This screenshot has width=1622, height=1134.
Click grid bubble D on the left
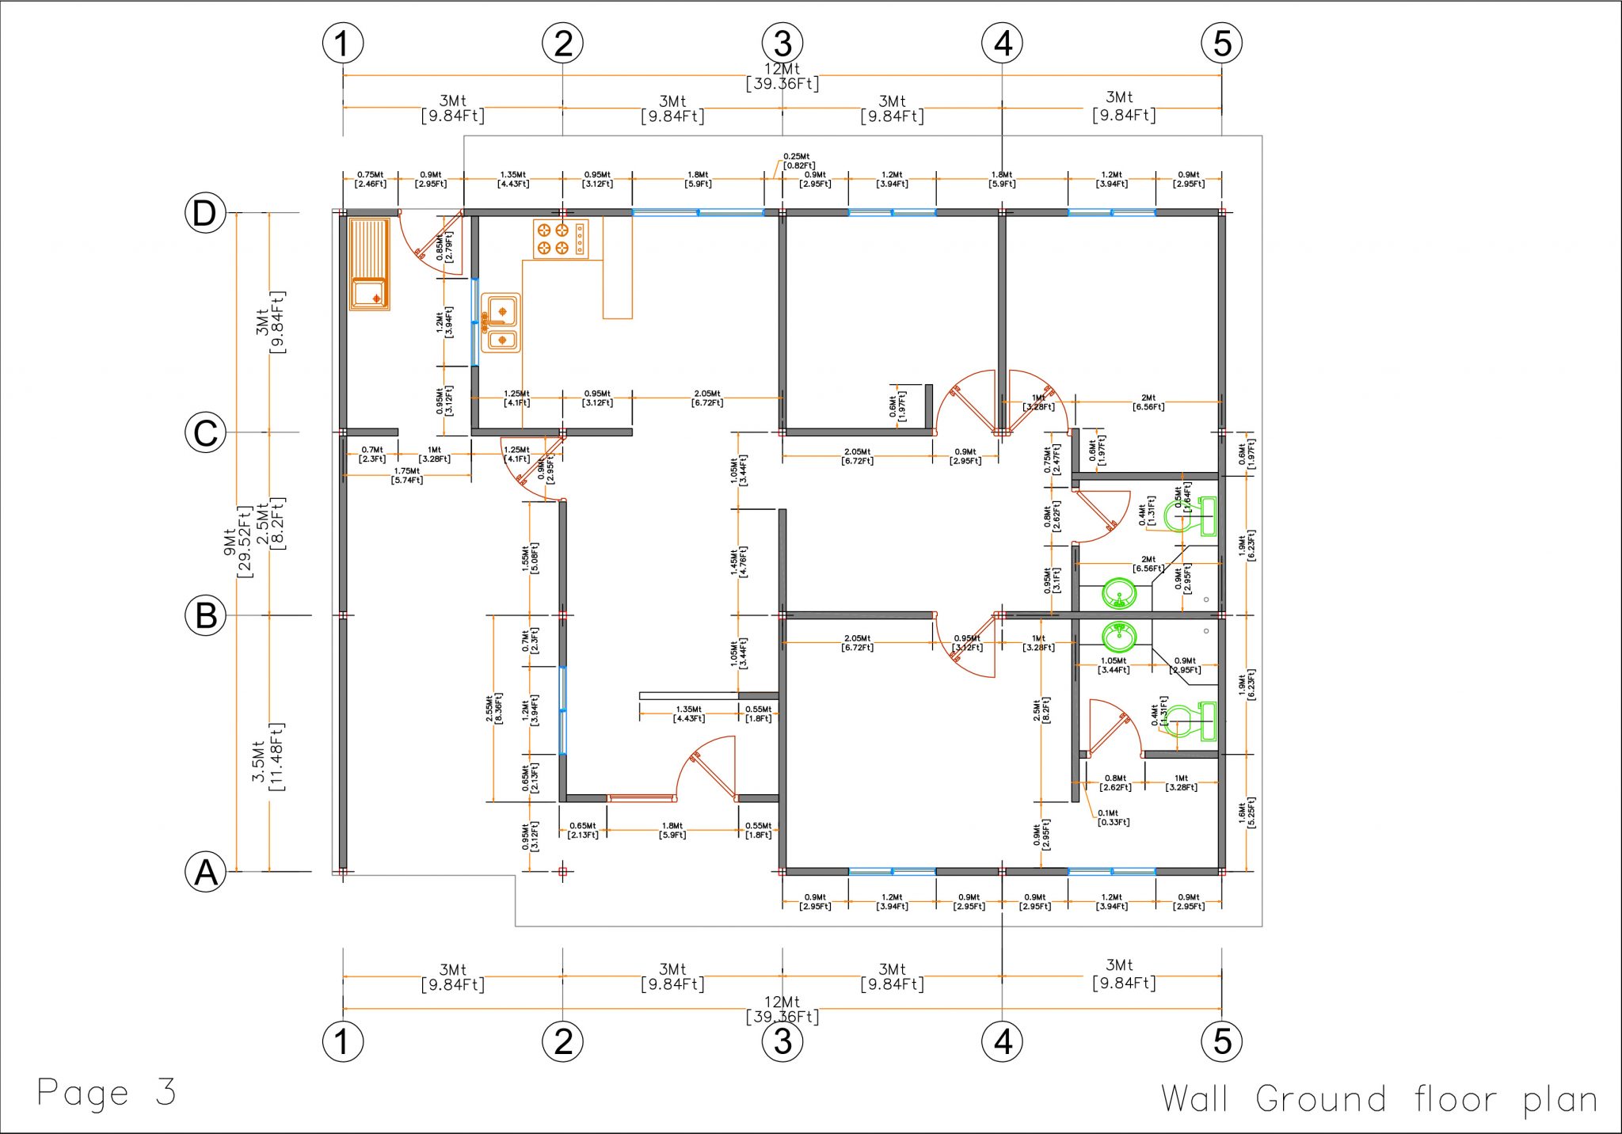point(205,213)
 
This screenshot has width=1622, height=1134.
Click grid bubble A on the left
point(205,872)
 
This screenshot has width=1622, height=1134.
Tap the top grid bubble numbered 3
point(782,43)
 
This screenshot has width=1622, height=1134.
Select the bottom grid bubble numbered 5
point(1222,1041)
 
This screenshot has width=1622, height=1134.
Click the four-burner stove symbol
point(561,238)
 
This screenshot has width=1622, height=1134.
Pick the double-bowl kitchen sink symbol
point(501,322)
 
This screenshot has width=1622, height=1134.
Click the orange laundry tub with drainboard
point(369,264)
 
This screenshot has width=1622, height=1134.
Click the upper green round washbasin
point(1119,593)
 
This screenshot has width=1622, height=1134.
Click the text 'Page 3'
point(106,1093)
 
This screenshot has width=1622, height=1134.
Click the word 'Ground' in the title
point(1320,1099)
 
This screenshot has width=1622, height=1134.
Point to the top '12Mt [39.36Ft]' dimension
point(782,76)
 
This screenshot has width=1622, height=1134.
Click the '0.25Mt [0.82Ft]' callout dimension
point(798,161)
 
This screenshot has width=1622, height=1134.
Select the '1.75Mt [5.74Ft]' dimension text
point(407,475)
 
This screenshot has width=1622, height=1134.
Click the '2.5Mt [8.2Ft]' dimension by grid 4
point(1041,710)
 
